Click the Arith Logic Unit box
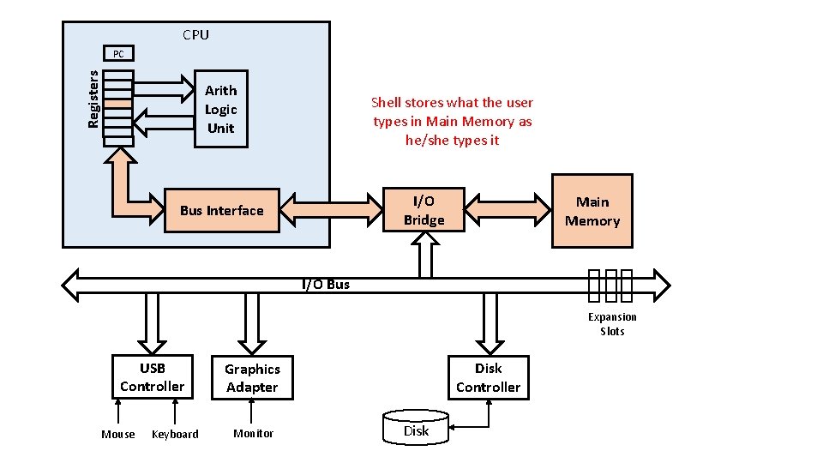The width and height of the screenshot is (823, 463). pos(221,109)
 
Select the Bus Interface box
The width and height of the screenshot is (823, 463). pos(222,211)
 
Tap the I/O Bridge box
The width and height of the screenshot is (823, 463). pos(424,211)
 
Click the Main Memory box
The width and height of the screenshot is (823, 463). pos(592,211)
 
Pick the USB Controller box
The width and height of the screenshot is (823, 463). pos(152,377)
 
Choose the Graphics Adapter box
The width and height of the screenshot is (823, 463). pos(252,378)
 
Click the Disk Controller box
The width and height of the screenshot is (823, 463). pos(488,377)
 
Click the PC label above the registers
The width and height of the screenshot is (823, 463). pos(118,54)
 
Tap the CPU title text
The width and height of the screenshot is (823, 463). pos(195,35)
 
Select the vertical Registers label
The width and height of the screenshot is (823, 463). pos(93,99)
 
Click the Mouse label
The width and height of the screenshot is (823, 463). pos(118,435)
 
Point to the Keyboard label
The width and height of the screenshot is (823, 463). pos(175,435)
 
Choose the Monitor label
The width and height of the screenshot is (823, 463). pos(254,434)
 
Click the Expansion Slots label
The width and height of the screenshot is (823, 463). pos(612,324)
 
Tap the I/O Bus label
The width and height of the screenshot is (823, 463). pos(326,285)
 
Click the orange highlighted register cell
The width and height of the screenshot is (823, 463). pos(118,103)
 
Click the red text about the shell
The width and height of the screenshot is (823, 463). pos(452,121)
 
